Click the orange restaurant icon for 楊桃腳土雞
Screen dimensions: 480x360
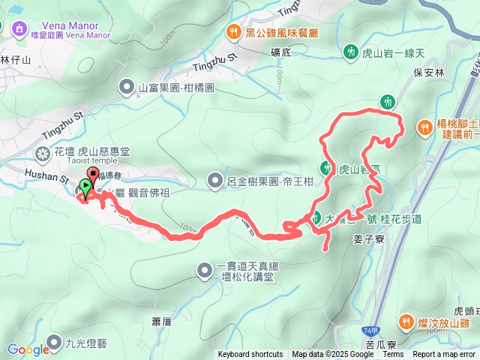click(x=424, y=127)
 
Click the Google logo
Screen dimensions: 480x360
click(x=28, y=349)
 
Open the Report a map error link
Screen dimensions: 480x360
click(x=443, y=355)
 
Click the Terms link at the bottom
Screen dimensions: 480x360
click(x=393, y=355)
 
